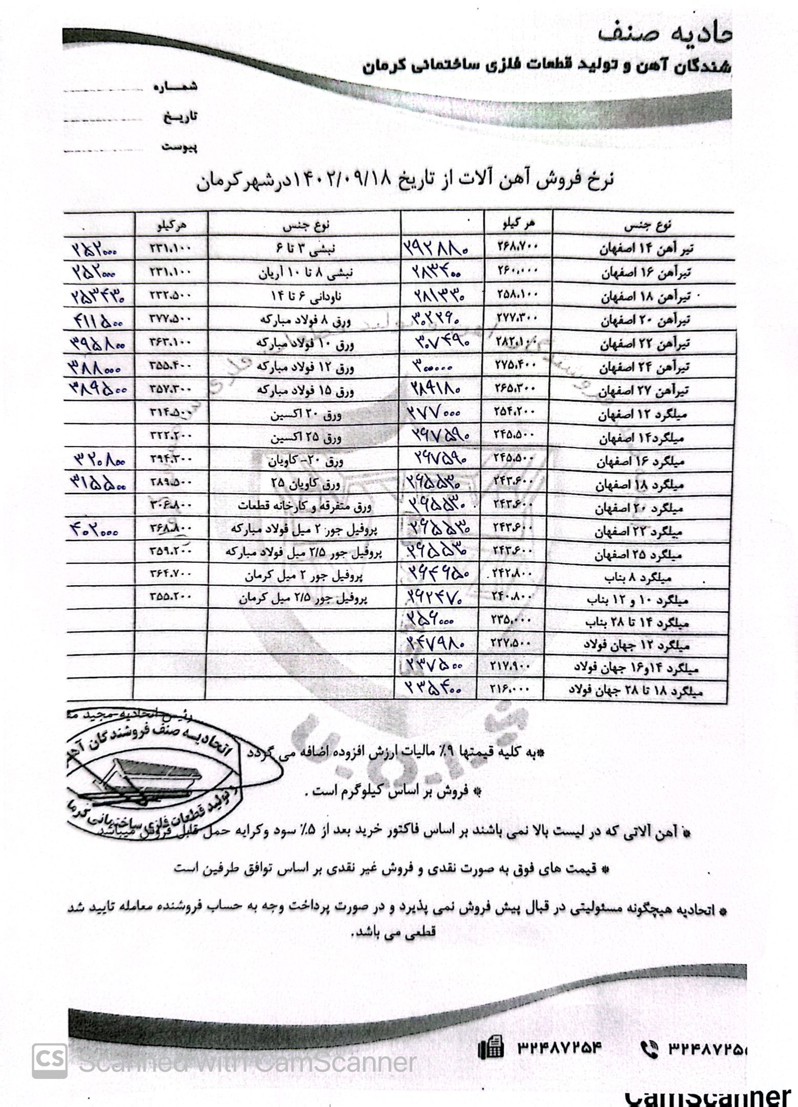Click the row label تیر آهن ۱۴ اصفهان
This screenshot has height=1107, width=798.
pyautogui.click(x=646, y=250)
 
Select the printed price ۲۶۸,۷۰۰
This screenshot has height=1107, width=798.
pyautogui.click(x=517, y=247)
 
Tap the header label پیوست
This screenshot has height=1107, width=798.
pyautogui.click(x=180, y=147)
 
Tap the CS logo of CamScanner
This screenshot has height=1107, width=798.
pyautogui.click(x=50, y=1060)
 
